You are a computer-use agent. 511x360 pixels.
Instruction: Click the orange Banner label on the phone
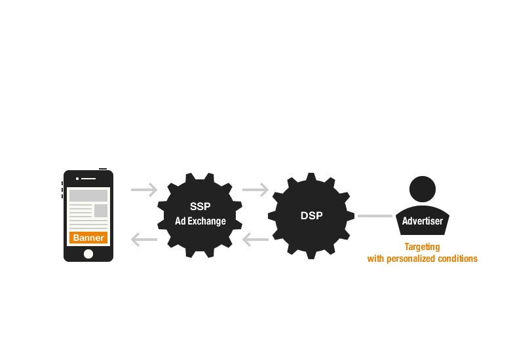tap(88, 238)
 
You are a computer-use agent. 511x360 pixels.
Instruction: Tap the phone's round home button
tap(88, 253)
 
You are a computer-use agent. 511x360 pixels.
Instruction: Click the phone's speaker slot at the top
tap(89, 178)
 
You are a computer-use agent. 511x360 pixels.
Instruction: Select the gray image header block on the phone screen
tap(88, 196)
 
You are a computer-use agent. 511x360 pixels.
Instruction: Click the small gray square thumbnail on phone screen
tap(101, 211)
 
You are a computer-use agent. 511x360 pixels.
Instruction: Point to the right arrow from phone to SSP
tap(144, 190)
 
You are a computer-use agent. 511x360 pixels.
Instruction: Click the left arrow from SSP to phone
tap(144, 240)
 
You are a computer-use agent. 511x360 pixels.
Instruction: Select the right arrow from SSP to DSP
tap(255, 190)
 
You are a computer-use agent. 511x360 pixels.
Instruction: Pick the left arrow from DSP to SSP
tap(255, 240)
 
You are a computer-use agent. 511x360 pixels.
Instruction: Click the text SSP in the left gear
tap(200, 207)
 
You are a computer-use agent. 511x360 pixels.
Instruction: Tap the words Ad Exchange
tap(200, 221)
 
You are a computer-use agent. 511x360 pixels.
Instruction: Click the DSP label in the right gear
tap(311, 215)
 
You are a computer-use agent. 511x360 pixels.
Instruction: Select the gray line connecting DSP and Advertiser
tap(375, 215)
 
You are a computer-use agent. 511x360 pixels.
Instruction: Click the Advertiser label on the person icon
tap(422, 221)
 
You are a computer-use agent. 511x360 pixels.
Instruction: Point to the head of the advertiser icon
tap(423, 190)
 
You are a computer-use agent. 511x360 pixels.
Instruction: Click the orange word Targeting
tap(422, 247)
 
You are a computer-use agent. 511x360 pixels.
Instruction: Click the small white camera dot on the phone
tap(77, 178)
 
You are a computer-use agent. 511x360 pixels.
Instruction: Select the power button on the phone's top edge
tap(103, 169)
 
